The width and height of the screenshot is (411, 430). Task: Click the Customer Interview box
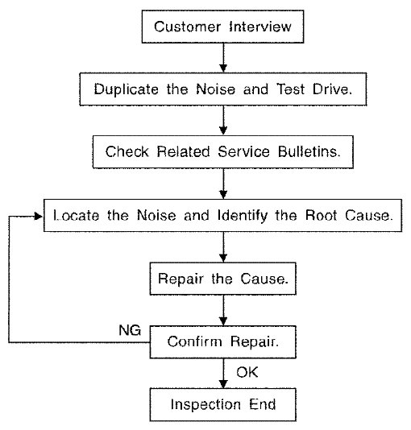222,27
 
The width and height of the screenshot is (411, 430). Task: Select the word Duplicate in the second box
127,89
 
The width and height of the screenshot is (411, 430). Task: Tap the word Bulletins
309,151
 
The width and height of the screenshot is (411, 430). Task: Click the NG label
130,330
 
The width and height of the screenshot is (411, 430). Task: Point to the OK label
247,372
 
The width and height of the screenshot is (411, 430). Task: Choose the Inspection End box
222,404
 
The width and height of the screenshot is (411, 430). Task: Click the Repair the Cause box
222,279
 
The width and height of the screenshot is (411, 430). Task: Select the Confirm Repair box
222,342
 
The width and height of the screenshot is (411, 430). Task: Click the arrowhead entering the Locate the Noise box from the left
39,217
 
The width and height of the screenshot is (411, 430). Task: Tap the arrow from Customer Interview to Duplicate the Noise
223,58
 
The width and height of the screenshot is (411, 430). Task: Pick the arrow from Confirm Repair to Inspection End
223,374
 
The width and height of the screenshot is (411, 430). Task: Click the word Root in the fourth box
321,215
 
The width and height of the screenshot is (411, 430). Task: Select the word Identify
243,216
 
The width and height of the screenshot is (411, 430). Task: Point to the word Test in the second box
291,89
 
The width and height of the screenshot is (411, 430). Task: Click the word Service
243,151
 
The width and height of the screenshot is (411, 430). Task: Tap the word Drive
332,89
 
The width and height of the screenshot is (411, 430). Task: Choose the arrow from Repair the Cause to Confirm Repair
223,310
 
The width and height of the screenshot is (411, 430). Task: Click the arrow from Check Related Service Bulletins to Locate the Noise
223,184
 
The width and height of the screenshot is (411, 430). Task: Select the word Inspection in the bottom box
205,405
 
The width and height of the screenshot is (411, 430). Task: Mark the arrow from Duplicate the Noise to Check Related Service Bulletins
223,120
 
